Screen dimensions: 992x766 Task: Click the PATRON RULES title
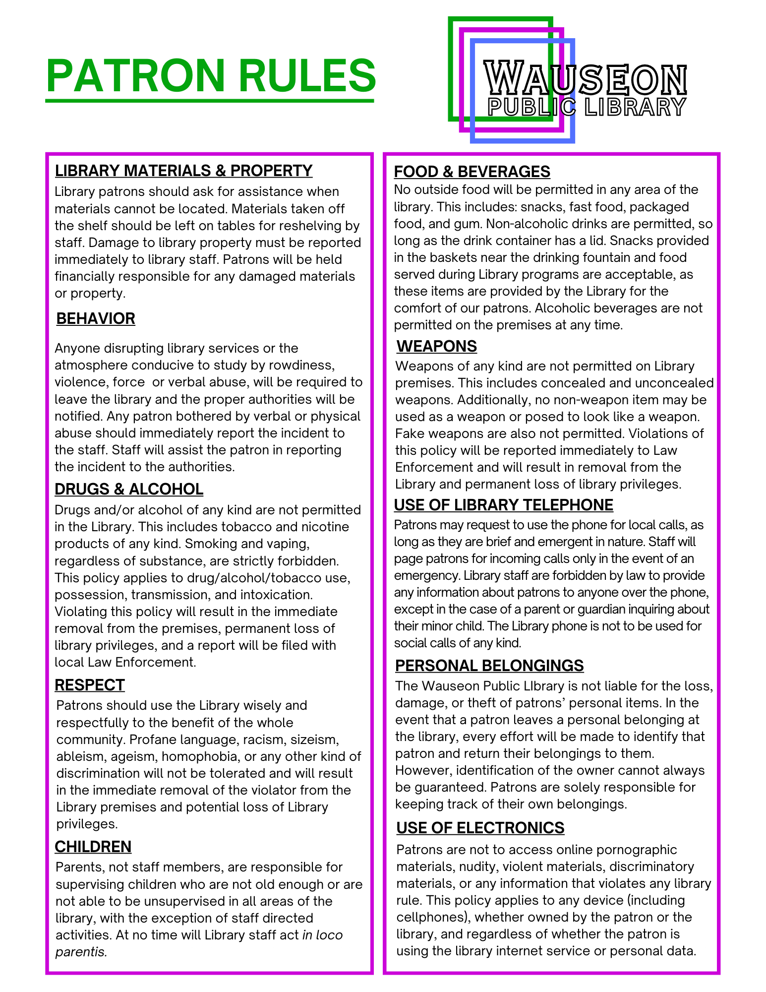211,76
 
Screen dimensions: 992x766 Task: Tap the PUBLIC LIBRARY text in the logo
587,107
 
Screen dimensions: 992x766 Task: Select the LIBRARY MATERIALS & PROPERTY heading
183,171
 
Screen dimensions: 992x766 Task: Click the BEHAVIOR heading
96,318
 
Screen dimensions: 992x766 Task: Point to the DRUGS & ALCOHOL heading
129,489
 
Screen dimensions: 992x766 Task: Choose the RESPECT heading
90,685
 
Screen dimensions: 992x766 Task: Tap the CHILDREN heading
93,847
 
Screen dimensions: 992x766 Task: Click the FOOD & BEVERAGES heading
472,172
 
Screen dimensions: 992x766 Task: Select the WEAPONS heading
437,346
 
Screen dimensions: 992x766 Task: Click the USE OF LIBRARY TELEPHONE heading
503,505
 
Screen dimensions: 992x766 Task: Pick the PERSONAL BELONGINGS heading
489,666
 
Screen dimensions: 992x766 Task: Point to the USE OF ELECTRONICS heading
480,828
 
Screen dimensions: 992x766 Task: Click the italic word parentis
81,952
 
